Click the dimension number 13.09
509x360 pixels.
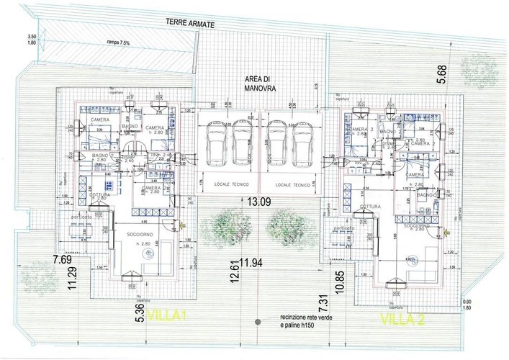259,203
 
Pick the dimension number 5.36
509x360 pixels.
137,313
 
